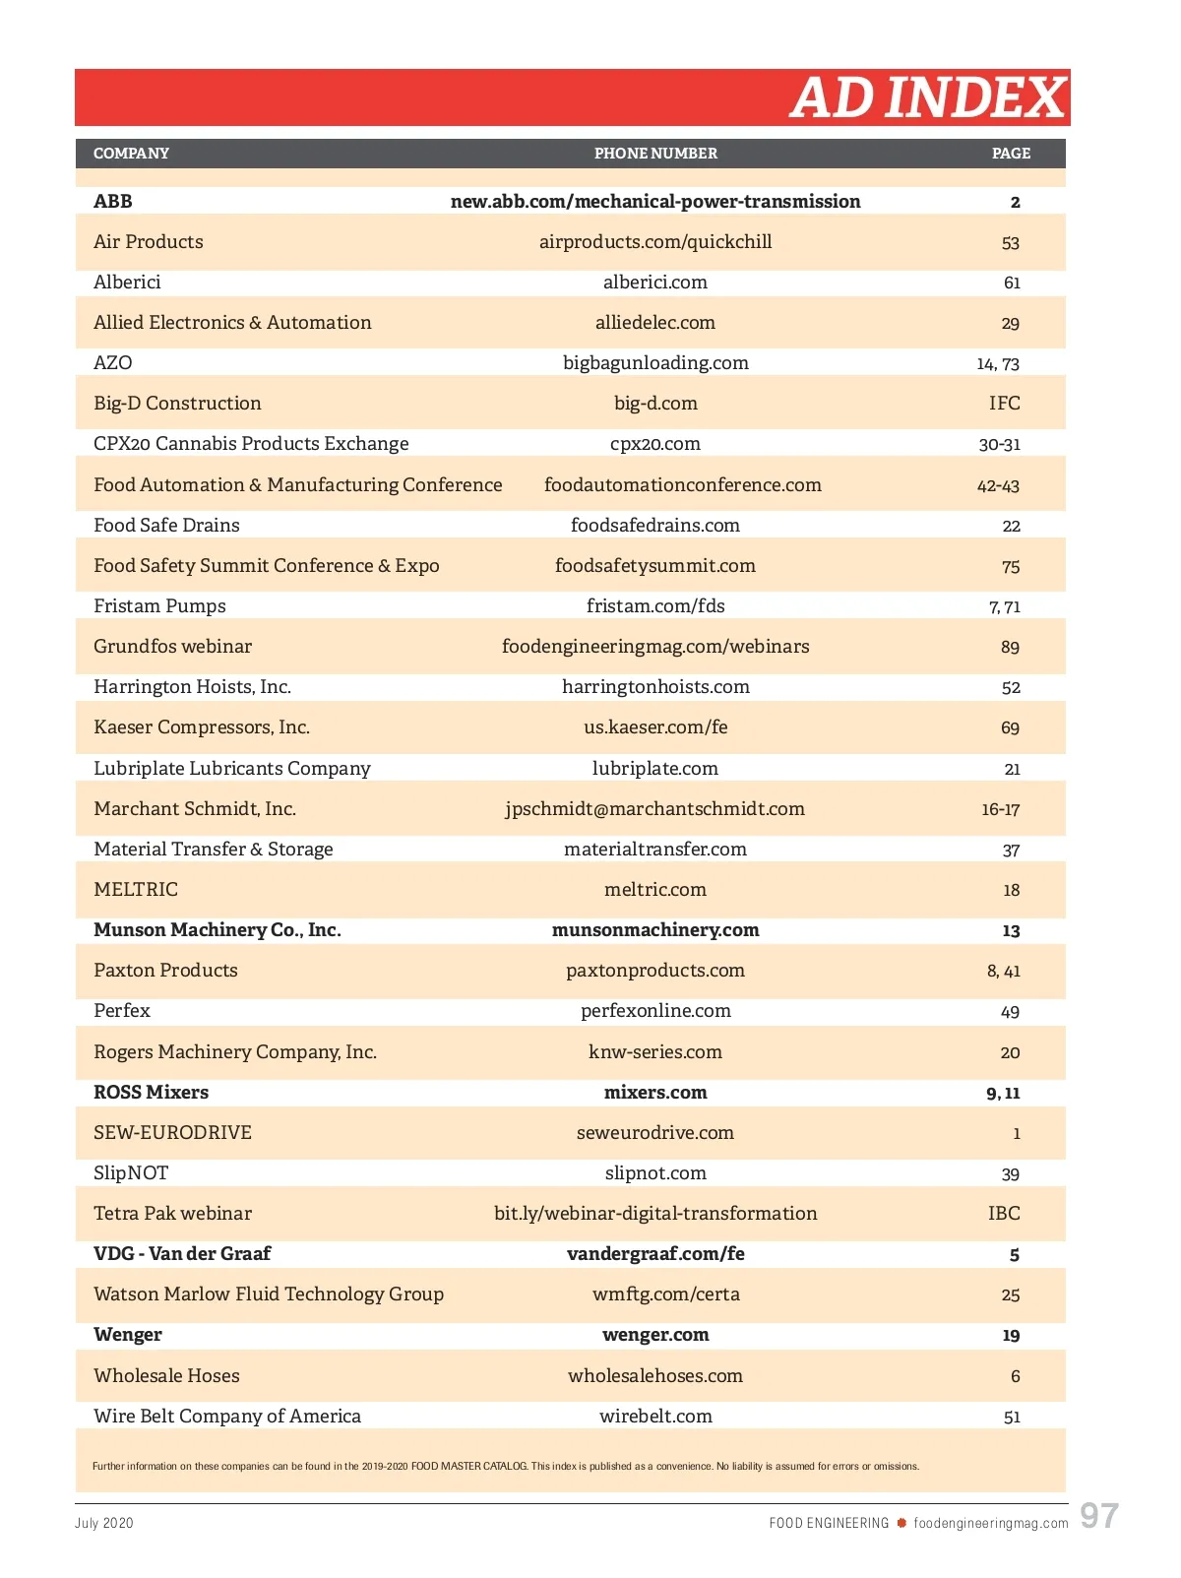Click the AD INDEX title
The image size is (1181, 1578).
point(927,97)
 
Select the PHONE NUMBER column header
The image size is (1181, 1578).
point(655,154)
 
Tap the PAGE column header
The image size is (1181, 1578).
point(1011,154)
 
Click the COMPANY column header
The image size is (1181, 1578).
point(131,154)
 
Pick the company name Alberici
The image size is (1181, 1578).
point(127,283)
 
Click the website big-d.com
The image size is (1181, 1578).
point(655,404)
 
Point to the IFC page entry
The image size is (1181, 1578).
point(1004,404)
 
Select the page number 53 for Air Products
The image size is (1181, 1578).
point(1010,243)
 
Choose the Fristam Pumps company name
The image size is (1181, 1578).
point(159,606)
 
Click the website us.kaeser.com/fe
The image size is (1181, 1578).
point(655,727)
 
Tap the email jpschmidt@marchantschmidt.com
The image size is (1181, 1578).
point(654,809)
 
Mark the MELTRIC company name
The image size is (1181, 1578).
point(136,890)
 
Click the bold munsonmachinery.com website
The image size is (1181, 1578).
point(655,930)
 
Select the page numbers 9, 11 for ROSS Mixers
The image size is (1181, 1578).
point(1003,1093)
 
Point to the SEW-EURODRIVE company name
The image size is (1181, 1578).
point(172,1133)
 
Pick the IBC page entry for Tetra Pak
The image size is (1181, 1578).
point(1004,1214)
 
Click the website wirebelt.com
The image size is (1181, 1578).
point(655,1417)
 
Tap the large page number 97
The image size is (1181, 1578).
point(1099,1516)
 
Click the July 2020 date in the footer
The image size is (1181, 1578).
point(104,1523)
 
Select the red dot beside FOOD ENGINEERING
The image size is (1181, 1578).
point(901,1523)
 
